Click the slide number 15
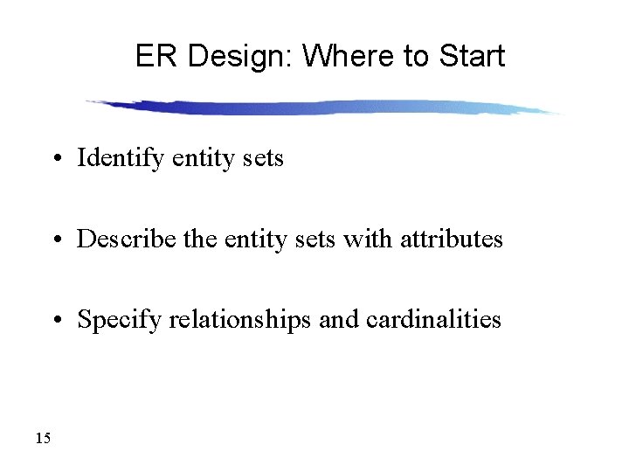[x=44, y=438]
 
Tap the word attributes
[x=452, y=239]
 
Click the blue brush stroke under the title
[x=323, y=108]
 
